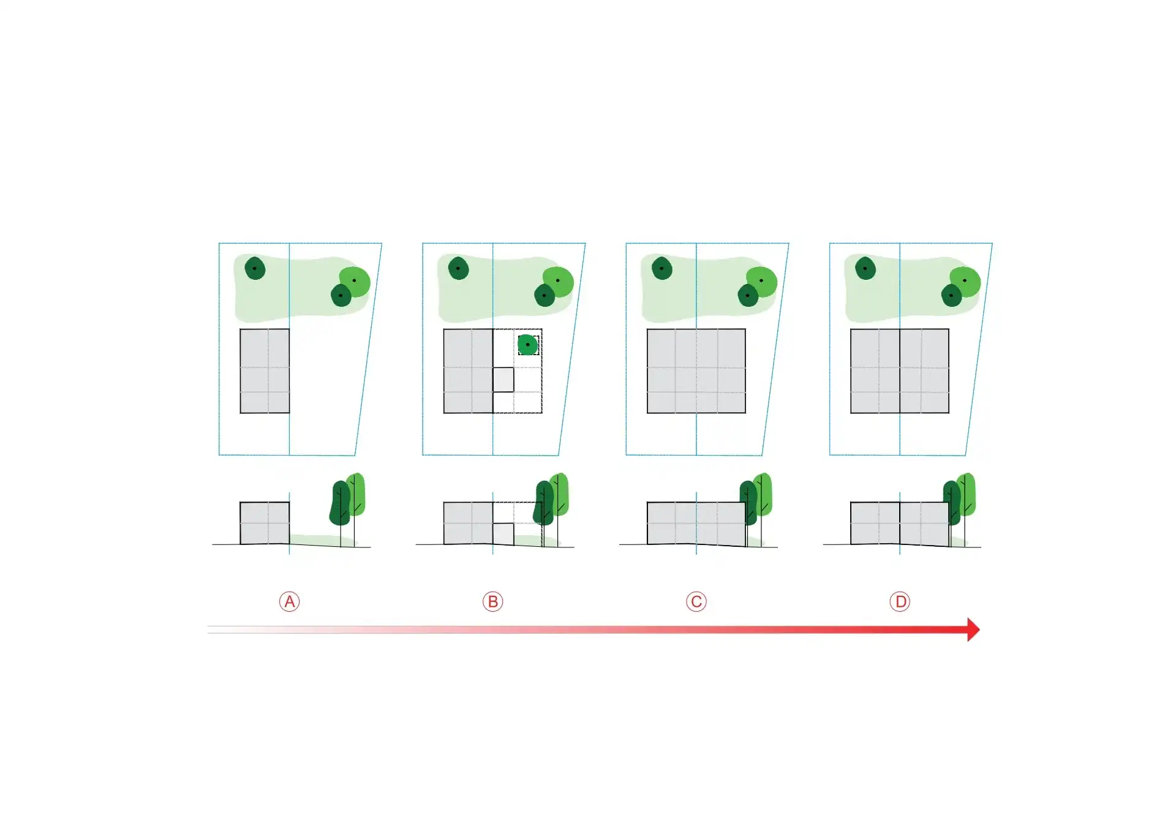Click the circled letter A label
(x=289, y=602)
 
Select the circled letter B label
(x=492, y=602)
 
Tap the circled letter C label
(x=696, y=602)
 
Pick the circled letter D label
(x=900, y=602)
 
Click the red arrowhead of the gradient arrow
(x=973, y=630)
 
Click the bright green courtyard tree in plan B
(x=528, y=345)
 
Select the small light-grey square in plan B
(x=503, y=380)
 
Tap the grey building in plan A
(x=265, y=371)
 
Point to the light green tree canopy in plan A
(x=356, y=281)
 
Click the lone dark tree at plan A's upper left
(x=255, y=268)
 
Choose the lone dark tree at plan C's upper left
(x=662, y=268)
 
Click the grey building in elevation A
(x=265, y=523)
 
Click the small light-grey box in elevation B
(x=503, y=534)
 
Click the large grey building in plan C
(x=696, y=371)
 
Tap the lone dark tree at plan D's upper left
(x=865, y=268)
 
